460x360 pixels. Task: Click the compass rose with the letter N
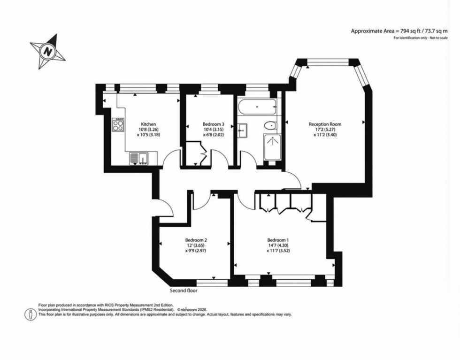(47, 50)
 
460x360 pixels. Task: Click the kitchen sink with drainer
(139, 159)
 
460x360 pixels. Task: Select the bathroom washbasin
(242, 129)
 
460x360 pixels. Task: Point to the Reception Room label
(325, 124)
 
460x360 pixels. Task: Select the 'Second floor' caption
(184, 291)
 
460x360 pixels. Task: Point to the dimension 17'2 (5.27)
(325, 130)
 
